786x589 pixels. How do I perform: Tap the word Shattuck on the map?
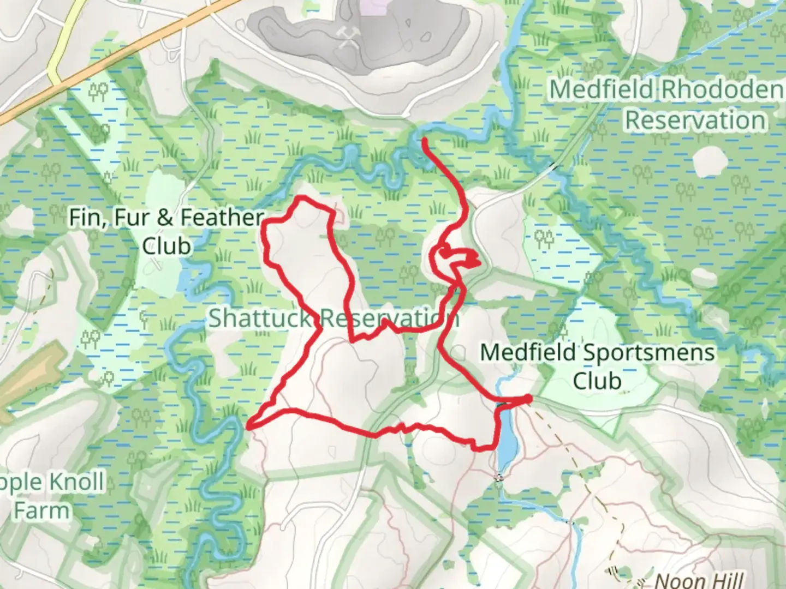point(260,318)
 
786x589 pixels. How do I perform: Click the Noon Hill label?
point(699,581)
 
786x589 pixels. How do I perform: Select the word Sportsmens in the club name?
point(647,353)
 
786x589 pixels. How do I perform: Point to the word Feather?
point(222,218)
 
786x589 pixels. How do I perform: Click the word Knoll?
point(76,482)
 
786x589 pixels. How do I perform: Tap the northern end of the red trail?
point(425,141)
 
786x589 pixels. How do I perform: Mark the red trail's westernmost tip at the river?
point(249,427)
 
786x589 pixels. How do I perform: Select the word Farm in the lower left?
point(42,511)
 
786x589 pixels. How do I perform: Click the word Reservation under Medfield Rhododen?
point(695,120)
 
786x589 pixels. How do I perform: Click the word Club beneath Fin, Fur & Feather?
point(166,246)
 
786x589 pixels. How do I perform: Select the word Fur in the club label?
point(133,218)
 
